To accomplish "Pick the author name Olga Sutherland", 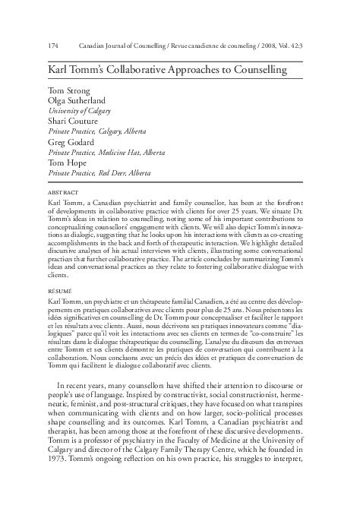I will click(75, 101).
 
